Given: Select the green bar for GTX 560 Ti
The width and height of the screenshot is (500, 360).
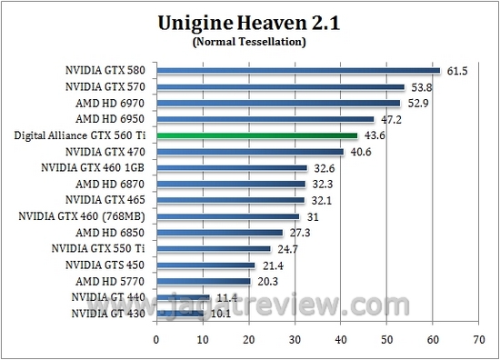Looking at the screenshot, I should pos(257,135).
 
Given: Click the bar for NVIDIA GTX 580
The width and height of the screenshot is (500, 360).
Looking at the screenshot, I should pos(298,70).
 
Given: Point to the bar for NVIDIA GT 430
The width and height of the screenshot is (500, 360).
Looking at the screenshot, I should pos(180,314).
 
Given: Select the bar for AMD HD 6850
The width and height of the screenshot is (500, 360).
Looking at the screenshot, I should pos(220,232).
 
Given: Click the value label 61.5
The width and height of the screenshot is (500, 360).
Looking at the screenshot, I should pos(455,70).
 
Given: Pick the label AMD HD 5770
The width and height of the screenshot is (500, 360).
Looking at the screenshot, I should pos(114,281).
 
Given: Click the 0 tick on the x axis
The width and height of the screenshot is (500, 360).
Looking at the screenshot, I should pos(156,340).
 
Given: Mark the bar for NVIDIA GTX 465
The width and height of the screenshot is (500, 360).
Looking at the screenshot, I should pos(231,200).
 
